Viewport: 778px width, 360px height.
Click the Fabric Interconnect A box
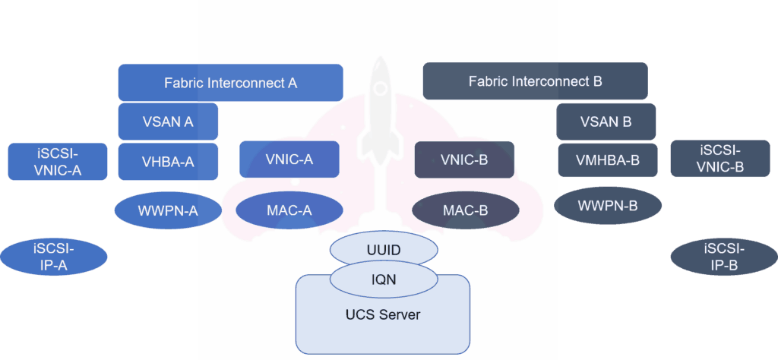tap(230, 82)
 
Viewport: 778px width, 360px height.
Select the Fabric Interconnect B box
tap(535, 81)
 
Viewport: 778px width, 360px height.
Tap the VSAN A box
tap(168, 121)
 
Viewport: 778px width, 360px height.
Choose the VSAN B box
tap(606, 122)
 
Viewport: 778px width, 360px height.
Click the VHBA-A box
tap(168, 161)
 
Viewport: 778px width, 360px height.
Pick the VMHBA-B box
tap(606, 160)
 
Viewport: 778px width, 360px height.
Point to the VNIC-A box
tap(289, 159)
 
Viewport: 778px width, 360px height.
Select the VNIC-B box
tap(464, 160)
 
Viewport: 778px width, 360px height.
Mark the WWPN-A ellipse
tap(168, 210)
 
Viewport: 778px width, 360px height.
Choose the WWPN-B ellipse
tap(608, 205)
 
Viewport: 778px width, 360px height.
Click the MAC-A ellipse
tap(286, 210)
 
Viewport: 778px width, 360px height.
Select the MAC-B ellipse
tap(465, 210)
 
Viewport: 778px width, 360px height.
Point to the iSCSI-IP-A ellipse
tap(54, 256)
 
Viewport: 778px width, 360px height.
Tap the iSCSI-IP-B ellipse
tap(724, 257)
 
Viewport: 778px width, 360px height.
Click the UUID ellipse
tap(384, 249)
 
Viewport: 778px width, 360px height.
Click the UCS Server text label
tap(384, 314)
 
